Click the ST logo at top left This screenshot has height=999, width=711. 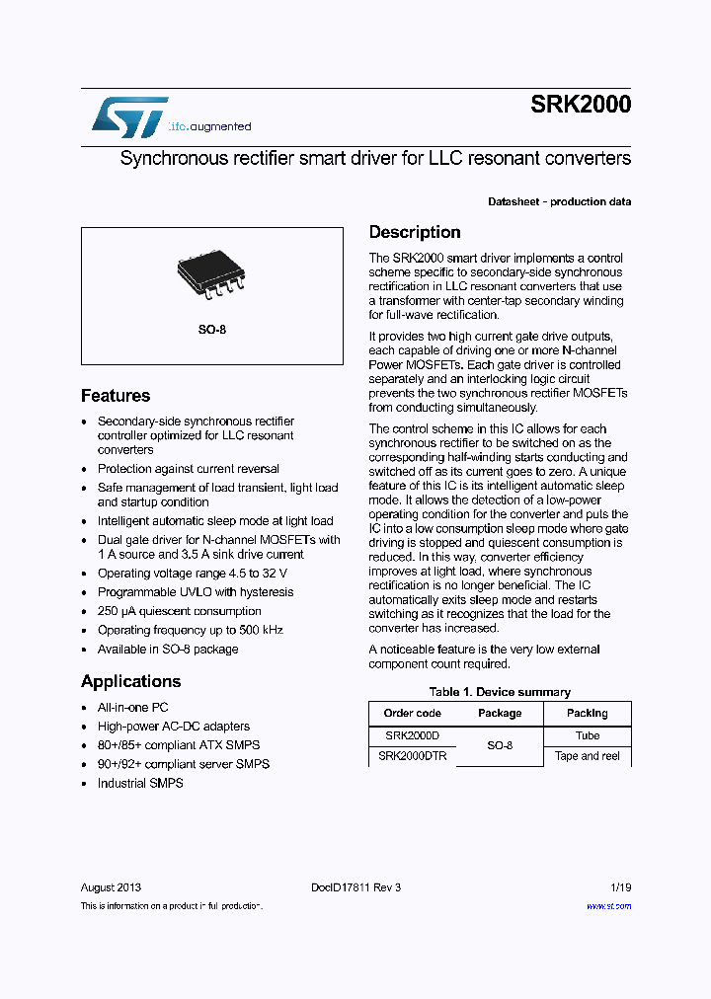coord(129,116)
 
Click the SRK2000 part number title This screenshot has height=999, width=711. coord(581,106)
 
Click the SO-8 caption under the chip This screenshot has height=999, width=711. coord(211,330)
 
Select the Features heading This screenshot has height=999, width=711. coord(116,396)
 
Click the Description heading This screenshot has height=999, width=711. coord(415,233)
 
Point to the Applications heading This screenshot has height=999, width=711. coord(130,681)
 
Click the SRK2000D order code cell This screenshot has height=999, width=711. coord(412,735)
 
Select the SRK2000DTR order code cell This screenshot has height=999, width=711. coord(413,756)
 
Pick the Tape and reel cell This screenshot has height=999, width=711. coord(587,756)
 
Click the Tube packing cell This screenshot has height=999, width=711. coord(587,735)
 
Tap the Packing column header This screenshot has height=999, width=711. coord(587,713)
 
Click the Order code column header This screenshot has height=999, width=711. coord(412,713)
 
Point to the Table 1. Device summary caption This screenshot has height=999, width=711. coord(500,692)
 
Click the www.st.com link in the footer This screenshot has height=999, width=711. coord(608,906)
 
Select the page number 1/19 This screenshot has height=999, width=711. coord(618,887)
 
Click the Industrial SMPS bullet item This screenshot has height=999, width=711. coord(140,783)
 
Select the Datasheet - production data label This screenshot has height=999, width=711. coord(559,201)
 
